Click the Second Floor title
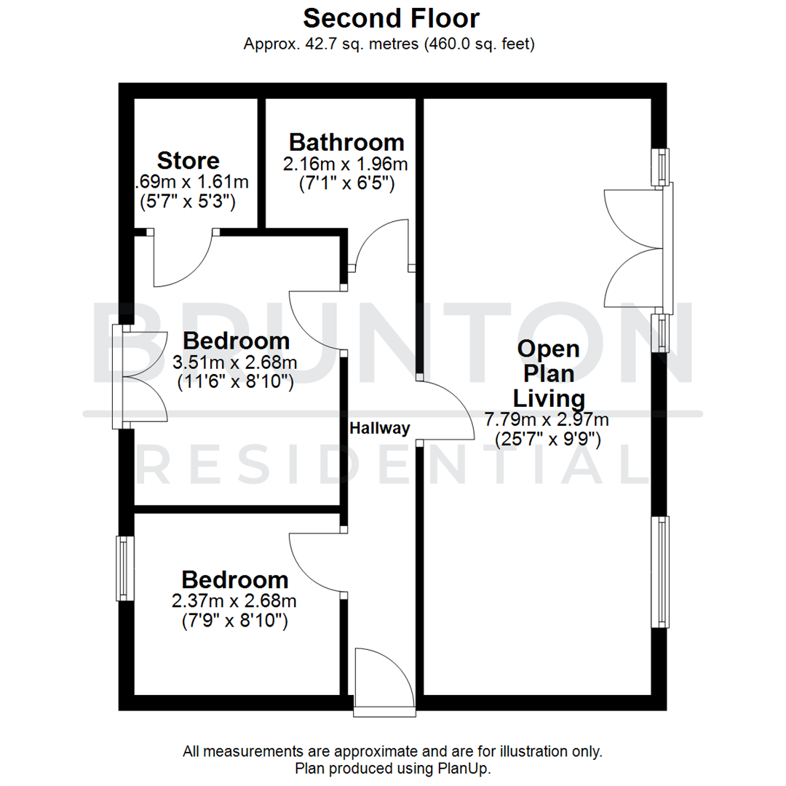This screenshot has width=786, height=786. [x=391, y=17]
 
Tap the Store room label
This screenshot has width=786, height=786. [x=188, y=159]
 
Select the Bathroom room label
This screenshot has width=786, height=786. [x=346, y=141]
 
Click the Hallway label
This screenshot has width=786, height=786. [x=380, y=428]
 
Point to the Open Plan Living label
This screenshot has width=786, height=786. [x=549, y=373]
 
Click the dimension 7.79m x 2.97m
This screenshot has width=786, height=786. [x=547, y=420]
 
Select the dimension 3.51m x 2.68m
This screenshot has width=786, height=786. [x=234, y=362]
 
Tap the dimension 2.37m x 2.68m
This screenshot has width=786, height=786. [x=234, y=601]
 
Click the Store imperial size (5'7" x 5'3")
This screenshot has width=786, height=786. [x=187, y=202]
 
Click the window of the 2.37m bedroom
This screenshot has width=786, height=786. [x=125, y=568]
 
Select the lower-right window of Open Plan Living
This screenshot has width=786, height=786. [x=660, y=571]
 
